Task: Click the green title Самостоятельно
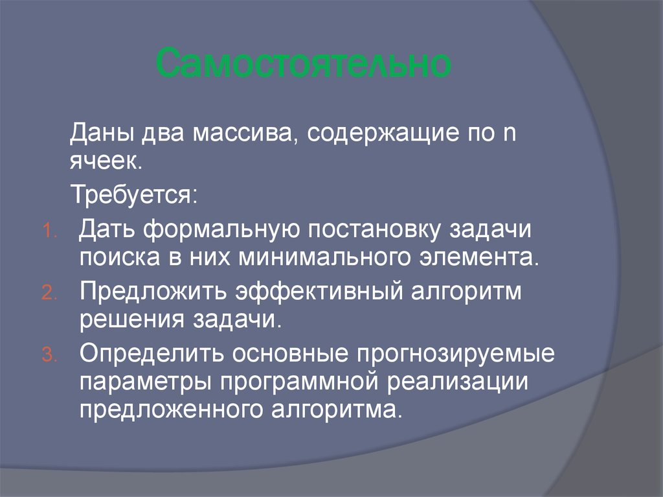(304, 64)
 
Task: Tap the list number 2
(50, 294)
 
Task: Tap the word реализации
(458, 382)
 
